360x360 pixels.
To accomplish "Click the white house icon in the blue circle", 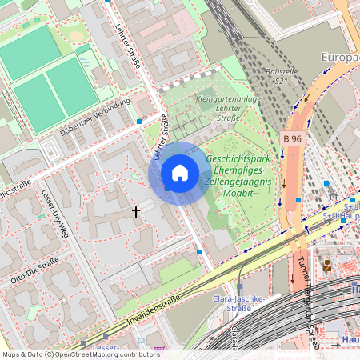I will click(x=180, y=173).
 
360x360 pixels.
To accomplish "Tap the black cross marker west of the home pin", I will click(x=136, y=211).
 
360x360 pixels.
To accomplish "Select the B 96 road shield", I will click(x=293, y=138).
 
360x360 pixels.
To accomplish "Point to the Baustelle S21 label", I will click(x=280, y=77).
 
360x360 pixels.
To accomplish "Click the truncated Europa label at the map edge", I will click(x=339, y=58).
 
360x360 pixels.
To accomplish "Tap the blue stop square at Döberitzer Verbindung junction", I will click(x=139, y=122).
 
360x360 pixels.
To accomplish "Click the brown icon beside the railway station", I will click(x=326, y=264).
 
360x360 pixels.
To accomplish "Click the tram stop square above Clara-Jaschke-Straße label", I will click(x=238, y=286).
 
